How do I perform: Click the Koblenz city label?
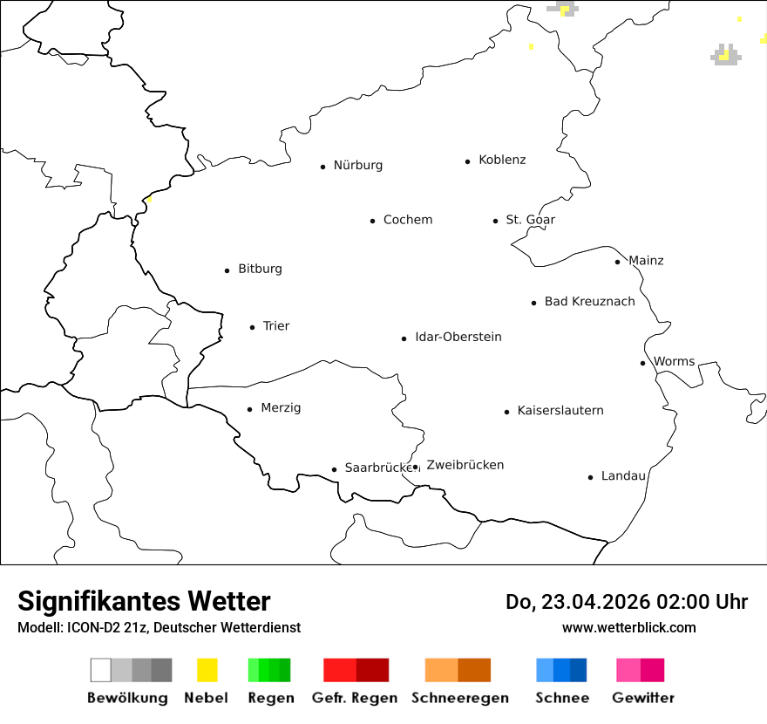(x=502, y=160)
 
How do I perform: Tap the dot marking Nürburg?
(x=322, y=167)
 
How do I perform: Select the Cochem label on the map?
(x=407, y=220)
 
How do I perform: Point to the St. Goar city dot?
(x=495, y=221)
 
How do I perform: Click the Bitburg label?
(x=260, y=269)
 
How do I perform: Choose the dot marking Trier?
(x=252, y=327)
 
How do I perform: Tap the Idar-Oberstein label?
(x=458, y=337)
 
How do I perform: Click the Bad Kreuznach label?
(x=589, y=301)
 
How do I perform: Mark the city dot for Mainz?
(x=617, y=262)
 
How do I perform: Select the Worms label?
(x=674, y=361)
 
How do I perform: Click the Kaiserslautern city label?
(x=560, y=410)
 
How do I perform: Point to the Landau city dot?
(x=590, y=477)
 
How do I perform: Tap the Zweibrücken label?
(x=465, y=465)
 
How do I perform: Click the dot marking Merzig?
(x=249, y=409)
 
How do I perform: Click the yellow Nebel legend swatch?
(x=207, y=670)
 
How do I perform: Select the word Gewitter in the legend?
(x=642, y=698)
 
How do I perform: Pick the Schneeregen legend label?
(x=459, y=698)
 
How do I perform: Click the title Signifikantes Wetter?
(x=144, y=601)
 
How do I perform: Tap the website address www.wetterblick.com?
(x=628, y=627)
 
